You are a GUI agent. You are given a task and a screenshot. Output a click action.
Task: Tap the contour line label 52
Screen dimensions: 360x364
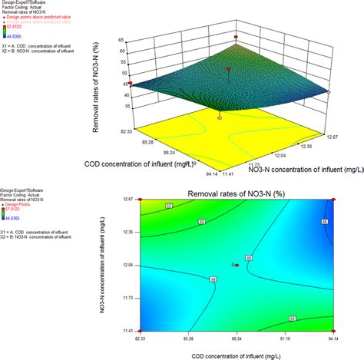click(169, 206)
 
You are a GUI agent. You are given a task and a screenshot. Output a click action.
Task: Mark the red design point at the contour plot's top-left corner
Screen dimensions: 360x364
click(139, 199)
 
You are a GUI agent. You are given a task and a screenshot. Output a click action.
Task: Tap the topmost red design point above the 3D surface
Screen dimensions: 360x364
click(236, 36)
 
